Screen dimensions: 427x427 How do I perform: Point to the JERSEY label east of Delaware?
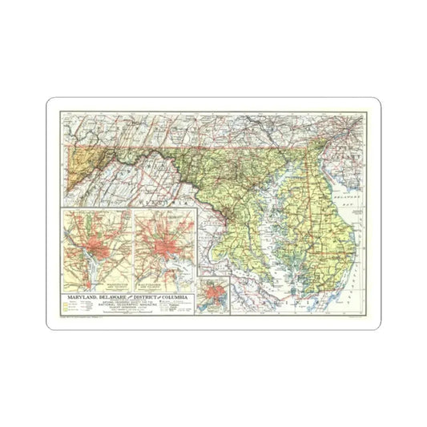coord(349,138)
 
